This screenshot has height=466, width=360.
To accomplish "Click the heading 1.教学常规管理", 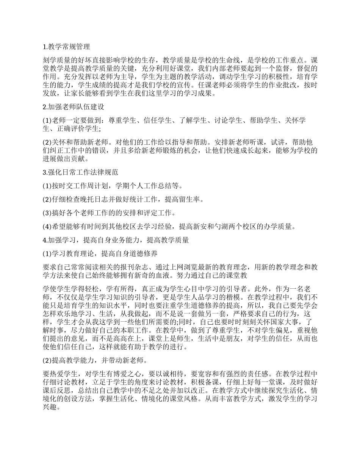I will [x=67, y=47].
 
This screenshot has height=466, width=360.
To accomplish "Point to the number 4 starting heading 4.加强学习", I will [x=44, y=240].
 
